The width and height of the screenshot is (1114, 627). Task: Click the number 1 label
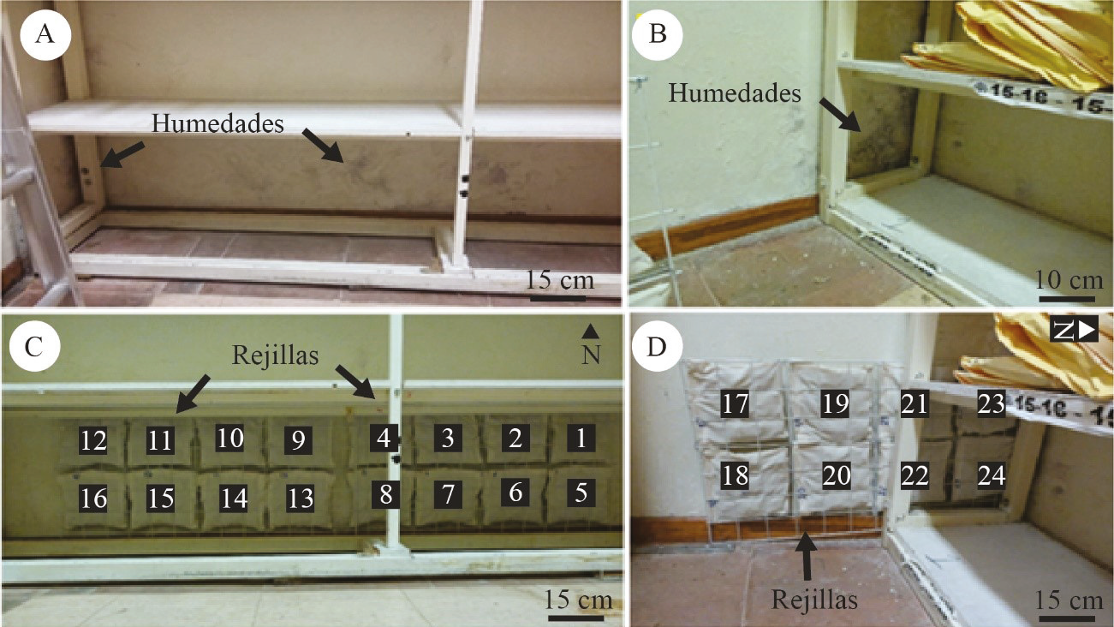[581, 439]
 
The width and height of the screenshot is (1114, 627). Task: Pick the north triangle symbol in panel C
[590, 331]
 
